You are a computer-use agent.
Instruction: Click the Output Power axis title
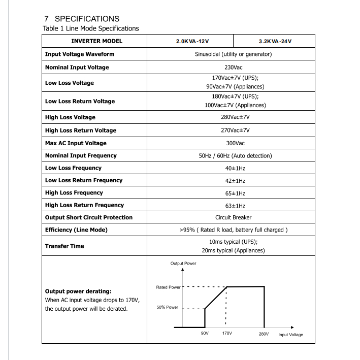point(183,264)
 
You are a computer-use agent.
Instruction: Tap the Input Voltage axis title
point(290,335)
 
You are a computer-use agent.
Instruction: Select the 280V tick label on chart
point(263,334)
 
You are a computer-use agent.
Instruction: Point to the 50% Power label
point(167,308)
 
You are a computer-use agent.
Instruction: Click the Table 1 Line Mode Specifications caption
point(90,28)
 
